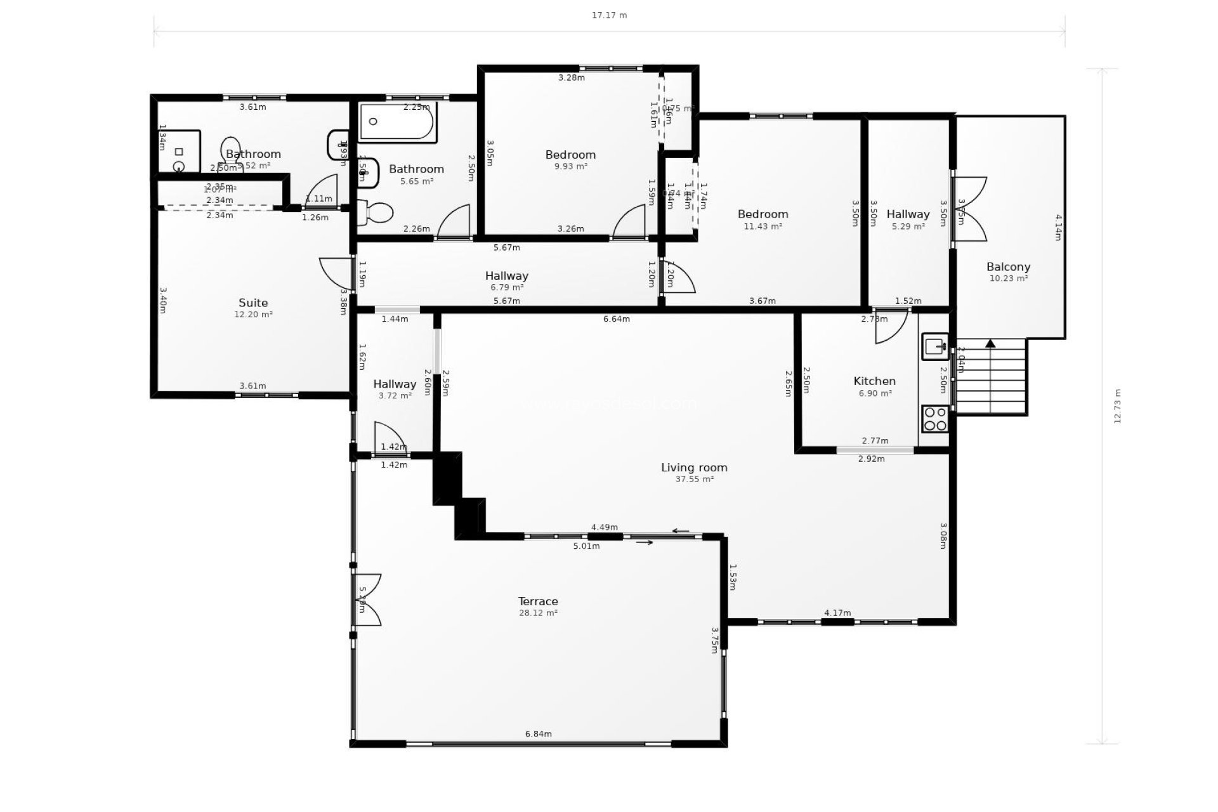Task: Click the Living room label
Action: pos(694,468)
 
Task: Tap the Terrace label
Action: pos(538,601)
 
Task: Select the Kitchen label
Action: pos(874,381)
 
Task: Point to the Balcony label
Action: pos(1008,267)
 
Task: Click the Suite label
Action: pos(253,303)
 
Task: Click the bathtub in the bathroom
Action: pos(397,122)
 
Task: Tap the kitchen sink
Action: pos(935,346)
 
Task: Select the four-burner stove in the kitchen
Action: pos(935,419)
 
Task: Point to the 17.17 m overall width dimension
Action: pos(609,15)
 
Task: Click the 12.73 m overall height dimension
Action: pos(1118,406)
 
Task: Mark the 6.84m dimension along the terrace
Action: pos(538,734)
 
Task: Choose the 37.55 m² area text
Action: pos(694,480)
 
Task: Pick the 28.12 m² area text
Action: pos(538,613)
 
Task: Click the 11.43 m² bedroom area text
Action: pos(763,226)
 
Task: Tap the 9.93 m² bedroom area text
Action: pos(570,167)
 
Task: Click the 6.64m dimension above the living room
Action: pos(616,319)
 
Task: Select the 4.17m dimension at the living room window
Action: pos(837,613)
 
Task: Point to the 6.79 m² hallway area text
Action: pos(506,287)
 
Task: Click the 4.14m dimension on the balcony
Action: pos(1058,227)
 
